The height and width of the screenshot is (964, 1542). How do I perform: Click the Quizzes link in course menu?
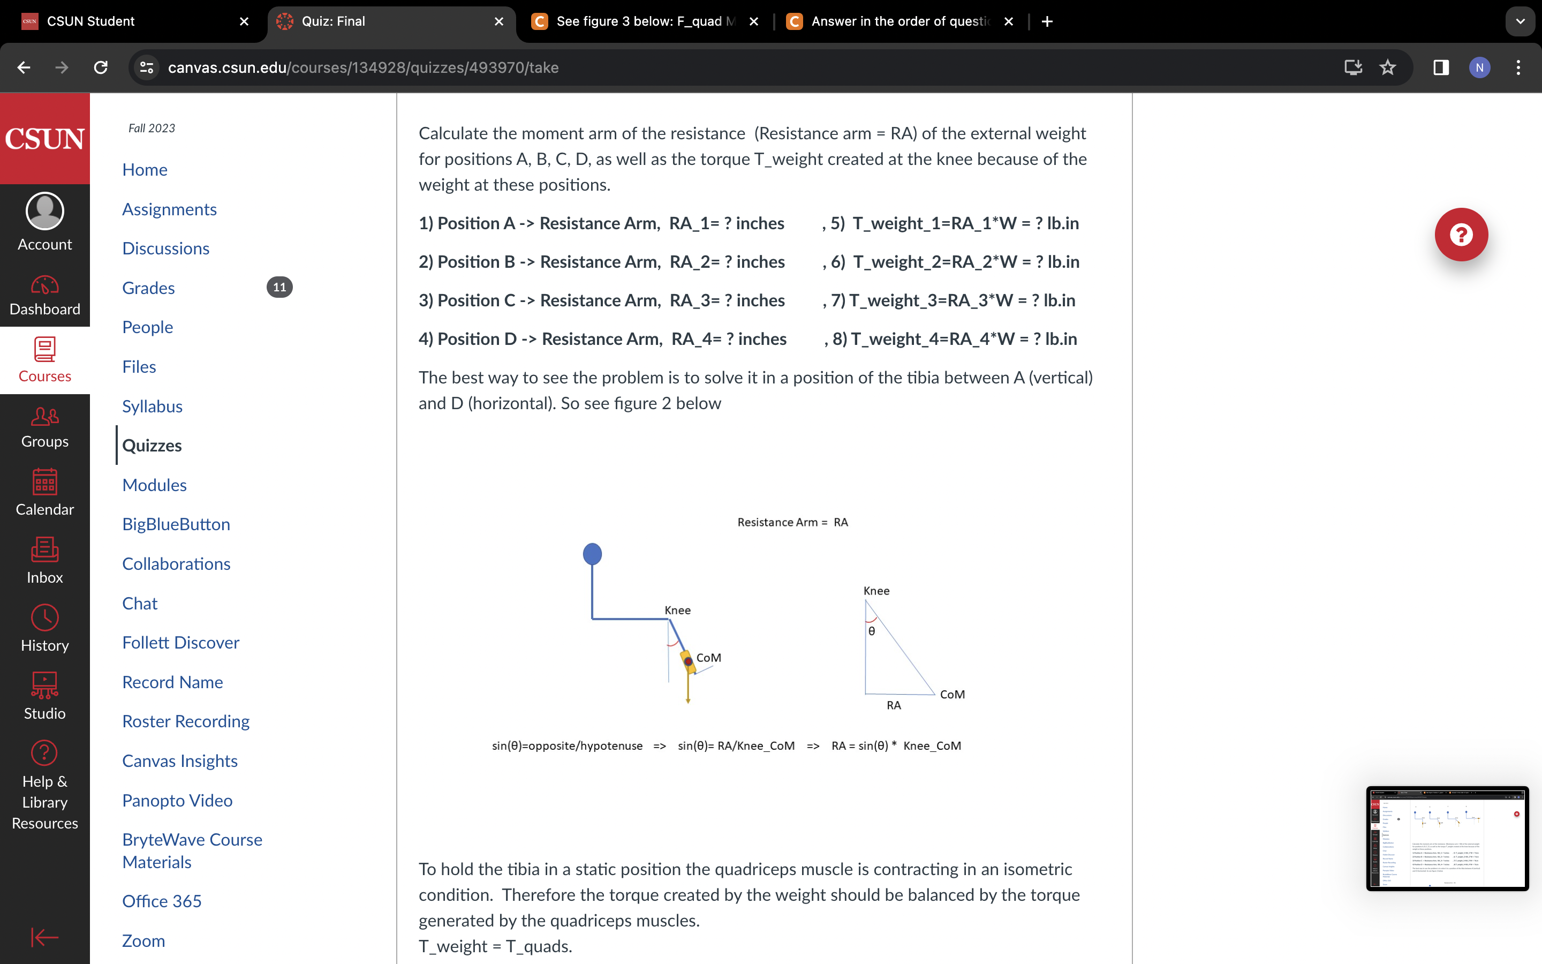[x=152, y=445]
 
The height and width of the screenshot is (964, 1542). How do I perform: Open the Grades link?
[x=148, y=288]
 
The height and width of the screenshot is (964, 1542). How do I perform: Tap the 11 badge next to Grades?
[x=279, y=288]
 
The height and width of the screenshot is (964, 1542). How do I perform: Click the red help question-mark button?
[x=1461, y=235]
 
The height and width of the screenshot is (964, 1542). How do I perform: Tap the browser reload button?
[x=101, y=67]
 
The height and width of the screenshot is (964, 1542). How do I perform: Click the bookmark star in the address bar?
[x=1387, y=67]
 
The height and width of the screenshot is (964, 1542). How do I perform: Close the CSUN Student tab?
[x=244, y=21]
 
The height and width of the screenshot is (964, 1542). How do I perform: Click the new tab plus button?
[x=1047, y=21]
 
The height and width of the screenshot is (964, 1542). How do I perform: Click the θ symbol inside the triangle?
[x=872, y=631]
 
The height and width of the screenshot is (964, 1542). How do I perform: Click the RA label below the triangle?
[x=893, y=705]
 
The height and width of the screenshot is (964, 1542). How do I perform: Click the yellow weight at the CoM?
[x=687, y=662]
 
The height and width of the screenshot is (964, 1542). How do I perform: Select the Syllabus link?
[x=152, y=406]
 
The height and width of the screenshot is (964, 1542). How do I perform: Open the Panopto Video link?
[x=177, y=800]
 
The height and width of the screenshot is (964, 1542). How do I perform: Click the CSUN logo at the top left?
[x=44, y=138]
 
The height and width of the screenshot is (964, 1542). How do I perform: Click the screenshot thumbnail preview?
[x=1446, y=838]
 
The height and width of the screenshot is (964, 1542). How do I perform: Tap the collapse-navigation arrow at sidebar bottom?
[x=44, y=937]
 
